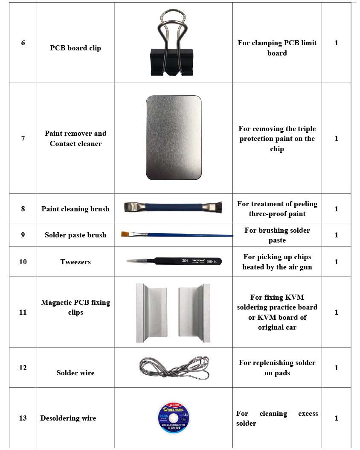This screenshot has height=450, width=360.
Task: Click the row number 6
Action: [x=23, y=43]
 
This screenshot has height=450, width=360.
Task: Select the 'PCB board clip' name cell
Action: [x=75, y=48]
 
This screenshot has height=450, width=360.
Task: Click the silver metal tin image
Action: [x=174, y=137]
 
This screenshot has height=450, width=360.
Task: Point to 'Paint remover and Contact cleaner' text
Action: [x=75, y=138]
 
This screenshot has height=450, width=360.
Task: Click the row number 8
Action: [x=23, y=209]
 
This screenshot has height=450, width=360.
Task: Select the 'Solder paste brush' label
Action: [x=75, y=235]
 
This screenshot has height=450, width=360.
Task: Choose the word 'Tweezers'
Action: [x=75, y=262]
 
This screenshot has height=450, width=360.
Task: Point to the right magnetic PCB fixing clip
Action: [x=196, y=313]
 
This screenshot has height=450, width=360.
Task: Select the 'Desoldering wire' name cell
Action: [x=68, y=418]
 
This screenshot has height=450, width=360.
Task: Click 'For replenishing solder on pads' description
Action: [x=277, y=368]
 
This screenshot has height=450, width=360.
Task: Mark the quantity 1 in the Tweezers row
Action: [x=336, y=262]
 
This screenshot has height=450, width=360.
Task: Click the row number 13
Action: [x=23, y=418]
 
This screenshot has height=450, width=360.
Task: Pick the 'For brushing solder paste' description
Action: [x=277, y=235]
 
